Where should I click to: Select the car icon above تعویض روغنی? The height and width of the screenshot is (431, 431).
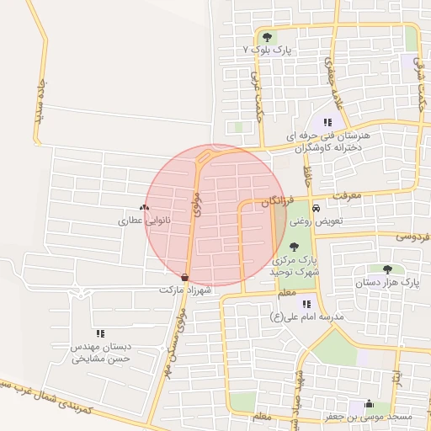[x=315, y=208]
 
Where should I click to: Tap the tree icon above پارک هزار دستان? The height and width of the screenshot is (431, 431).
[x=387, y=269]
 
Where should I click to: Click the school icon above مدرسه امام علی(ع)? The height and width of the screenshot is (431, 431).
[x=306, y=303]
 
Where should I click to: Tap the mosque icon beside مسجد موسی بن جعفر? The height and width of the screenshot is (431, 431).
[x=367, y=403]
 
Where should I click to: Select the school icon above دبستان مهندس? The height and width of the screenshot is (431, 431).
[x=100, y=333]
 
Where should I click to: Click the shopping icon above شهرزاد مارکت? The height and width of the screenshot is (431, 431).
[x=184, y=276]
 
